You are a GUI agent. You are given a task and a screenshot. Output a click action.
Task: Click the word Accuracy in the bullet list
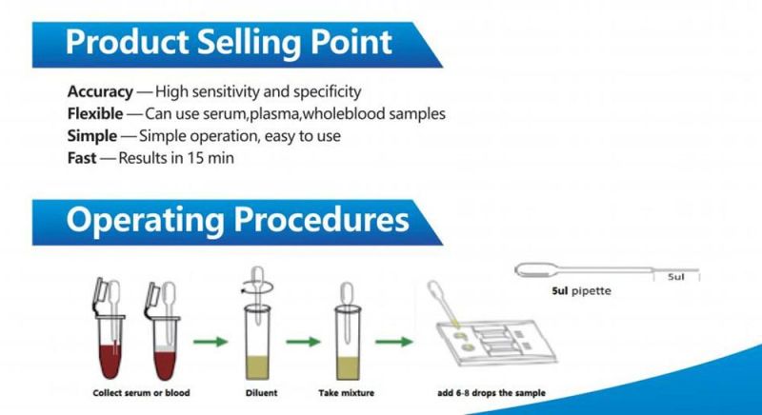pyautogui.click(x=100, y=91)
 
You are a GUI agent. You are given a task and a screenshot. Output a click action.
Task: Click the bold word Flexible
pyautogui.click(x=95, y=114)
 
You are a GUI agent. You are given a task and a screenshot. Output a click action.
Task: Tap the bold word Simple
pyautogui.click(x=92, y=136)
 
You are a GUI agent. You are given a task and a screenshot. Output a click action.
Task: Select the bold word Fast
pyautogui.click(x=82, y=158)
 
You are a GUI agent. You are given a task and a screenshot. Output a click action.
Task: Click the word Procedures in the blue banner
pyautogui.click(x=321, y=220)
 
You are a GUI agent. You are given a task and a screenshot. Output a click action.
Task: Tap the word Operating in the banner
pyautogui.click(x=146, y=222)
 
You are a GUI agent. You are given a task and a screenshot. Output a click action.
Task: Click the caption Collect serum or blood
pyautogui.click(x=141, y=393)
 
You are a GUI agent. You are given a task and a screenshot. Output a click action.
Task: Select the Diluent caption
pyautogui.click(x=261, y=393)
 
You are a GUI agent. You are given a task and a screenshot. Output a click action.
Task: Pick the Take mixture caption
pyautogui.click(x=347, y=393)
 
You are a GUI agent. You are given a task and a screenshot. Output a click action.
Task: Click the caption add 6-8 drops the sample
pyautogui.click(x=491, y=393)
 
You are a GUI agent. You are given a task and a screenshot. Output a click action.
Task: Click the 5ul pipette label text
pyautogui.click(x=581, y=291)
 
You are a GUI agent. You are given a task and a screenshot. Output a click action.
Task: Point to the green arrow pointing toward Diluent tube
pyautogui.click(x=211, y=342)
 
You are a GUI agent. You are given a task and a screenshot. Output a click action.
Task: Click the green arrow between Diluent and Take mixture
pyautogui.click(x=303, y=342)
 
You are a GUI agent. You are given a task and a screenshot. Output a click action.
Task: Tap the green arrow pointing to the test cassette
pyautogui.click(x=394, y=342)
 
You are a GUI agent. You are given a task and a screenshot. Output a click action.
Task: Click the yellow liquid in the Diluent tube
pyautogui.click(x=257, y=367)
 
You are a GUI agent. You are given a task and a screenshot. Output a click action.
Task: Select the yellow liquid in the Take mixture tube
pyautogui.click(x=348, y=368)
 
